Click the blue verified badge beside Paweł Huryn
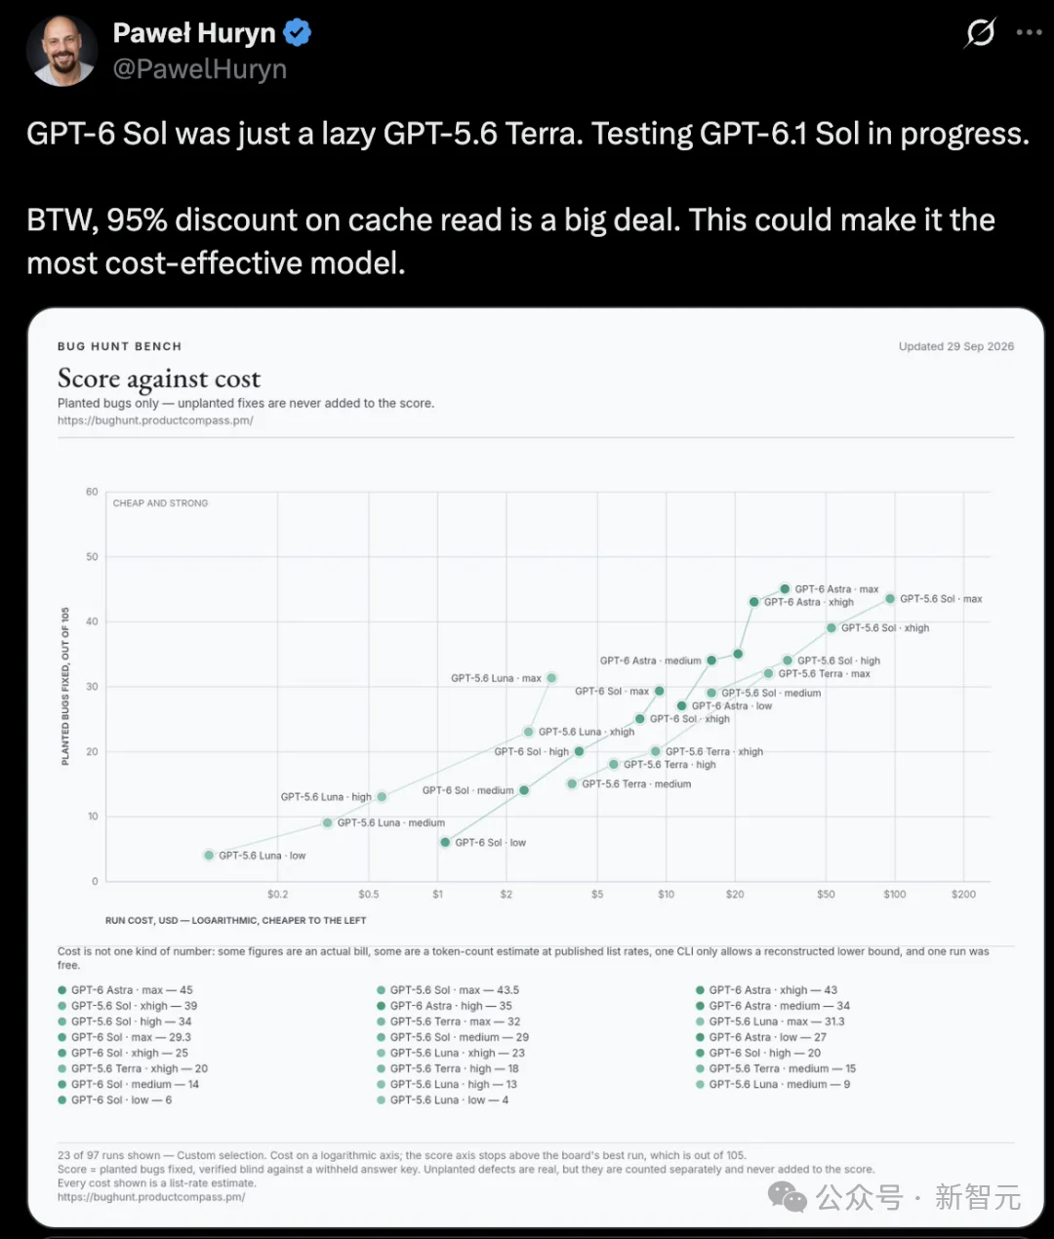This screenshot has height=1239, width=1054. pyautogui.click(x=297, y=32)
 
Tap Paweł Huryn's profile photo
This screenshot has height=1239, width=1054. pyautogui.click(x=61, y=51)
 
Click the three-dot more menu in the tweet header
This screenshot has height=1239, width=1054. pyautogui.click(x=1029, y=32)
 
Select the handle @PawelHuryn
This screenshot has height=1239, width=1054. pyautogui.click(x=200, y=69)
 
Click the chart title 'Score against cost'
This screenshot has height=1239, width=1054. pyautogui.click(x=159, y=379)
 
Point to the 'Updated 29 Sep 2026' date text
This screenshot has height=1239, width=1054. pyautogui.click(x=956, y=346)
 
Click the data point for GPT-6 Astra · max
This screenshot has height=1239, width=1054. pyautogui.click(x=785, y=588)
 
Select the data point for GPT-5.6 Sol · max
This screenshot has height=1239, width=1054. pyautogui.click(x=890, y=599)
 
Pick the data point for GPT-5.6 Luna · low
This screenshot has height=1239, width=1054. pyautogui.click(x=209, y=856)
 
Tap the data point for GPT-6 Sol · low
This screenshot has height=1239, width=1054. pyautogui.click(x=445, y=842)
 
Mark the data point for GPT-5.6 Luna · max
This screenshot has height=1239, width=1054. pyautogui.click(x=551, y=678)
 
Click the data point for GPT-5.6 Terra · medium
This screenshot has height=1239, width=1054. pyautogui.click(x=572, y=783)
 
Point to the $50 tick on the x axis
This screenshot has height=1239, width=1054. pyautogui.click(x=826, y=894)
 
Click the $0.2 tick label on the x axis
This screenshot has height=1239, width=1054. pyautogui.click(x=277, y=894)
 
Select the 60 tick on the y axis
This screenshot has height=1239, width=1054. pyautogui.click(x=92, y=492)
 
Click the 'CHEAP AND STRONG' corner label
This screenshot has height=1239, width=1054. pyautogui.click(x=160, y=502)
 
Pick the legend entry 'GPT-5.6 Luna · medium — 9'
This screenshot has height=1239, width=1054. pyautogui.click(x=772, y=1084)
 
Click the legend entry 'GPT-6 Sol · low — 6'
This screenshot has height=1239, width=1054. pyautogui.click(x=114, y=1099)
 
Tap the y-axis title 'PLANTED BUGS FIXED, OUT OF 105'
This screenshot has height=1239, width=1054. pyautogui.click(x=65, y=686)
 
